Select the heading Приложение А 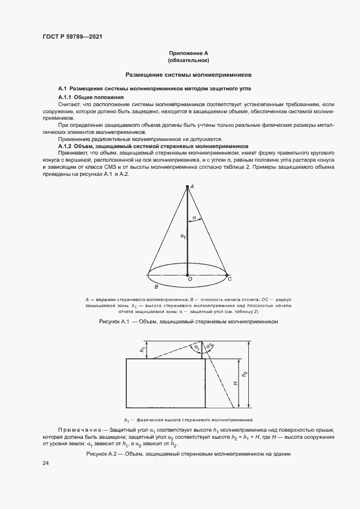(x=188, y=53)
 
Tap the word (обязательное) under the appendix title (x=188, y=60)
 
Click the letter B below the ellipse (x=156, y=286)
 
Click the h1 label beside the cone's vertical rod (x=183, y=236)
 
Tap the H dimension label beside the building (x=235, y=383)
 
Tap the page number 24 (x=46, y=463)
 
